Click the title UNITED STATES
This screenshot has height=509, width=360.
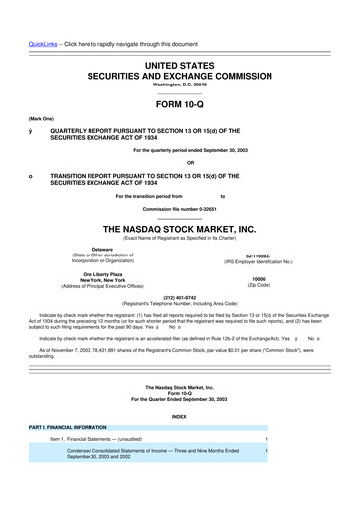(x=179, y=35)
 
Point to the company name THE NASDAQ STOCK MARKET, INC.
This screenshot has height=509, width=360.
(x=179, y=228)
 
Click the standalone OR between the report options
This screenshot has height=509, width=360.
(x=179, y=163)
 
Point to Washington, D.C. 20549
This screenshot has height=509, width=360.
(x=179, y=59)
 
